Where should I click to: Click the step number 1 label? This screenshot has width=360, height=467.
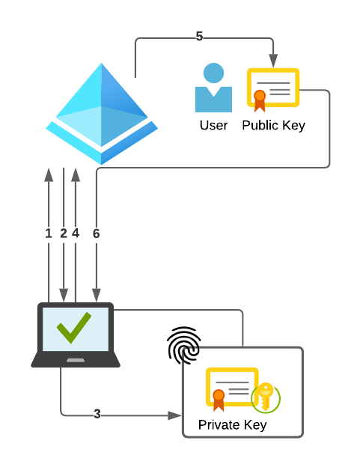click(x=49, y=233)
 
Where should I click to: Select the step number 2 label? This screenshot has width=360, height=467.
click(x=64, y=233)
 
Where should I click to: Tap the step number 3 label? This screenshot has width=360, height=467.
click(x=97, y=414)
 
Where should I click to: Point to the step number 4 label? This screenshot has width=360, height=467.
click(x=76, y=233)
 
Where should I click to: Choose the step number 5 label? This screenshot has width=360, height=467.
click(x=199, y=37)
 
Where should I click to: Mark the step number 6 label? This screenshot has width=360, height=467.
click(x=96, y=233)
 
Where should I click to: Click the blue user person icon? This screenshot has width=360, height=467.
click(x=213, y=88)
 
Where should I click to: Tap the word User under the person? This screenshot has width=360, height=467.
click(x=213, y=125)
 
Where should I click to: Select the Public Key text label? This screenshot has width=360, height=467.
click(x=273, y=125)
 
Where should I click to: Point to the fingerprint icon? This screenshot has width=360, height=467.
click(x=183, y=345)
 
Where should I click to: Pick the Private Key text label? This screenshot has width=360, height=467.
click(x=232, y=425)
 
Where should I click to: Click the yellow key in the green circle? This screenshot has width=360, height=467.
click(x=265, y=397)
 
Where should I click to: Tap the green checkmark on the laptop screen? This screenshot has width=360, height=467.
click(x=74, y=327)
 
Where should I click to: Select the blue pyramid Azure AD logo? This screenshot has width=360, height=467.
click(x=102, y=112)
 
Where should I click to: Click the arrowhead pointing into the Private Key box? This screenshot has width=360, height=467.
click(x=176, y=415)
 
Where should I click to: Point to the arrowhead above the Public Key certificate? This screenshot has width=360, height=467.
click(x=273, y=62)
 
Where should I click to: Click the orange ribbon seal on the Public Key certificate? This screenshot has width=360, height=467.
click(x=260, y=98)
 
